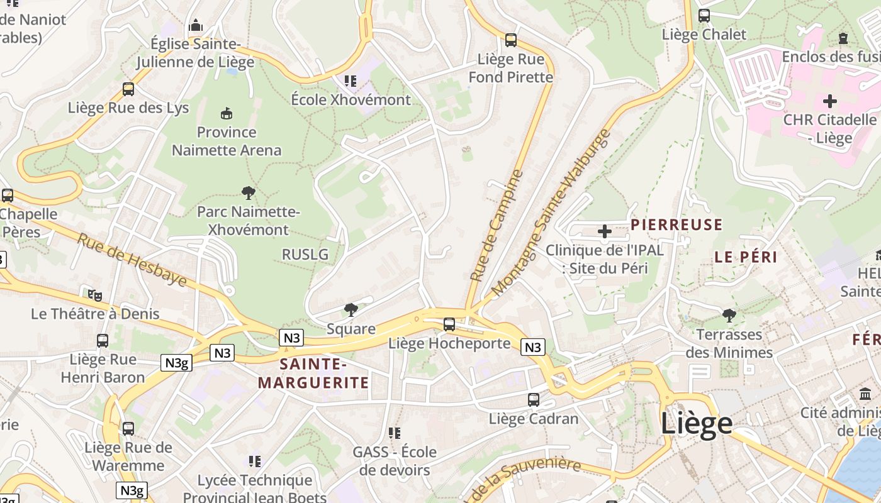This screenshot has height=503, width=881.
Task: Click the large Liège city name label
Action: tap(696, 424)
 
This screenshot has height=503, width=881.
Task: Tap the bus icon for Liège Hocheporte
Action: tap(449, 324)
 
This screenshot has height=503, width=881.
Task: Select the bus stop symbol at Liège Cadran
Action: tap(533, 400)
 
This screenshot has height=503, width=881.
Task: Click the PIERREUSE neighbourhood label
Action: tap(676, 224)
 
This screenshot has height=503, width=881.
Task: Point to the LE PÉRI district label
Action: tap(746, 257)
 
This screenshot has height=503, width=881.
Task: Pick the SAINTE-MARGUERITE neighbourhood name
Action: tap(313, 373)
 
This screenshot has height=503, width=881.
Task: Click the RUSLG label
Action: tap(305, 254)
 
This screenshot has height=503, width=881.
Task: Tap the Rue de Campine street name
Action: tap(497, 225)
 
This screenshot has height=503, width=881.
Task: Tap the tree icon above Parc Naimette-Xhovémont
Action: tap(249, 193)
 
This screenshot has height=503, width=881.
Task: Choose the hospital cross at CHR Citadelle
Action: tap(830, 101)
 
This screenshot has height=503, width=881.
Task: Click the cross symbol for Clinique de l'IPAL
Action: tap(604, 231)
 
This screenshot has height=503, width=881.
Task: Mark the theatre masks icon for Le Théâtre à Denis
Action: tap(95, 294)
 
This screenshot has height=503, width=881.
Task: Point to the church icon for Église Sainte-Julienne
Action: tap(196, 26)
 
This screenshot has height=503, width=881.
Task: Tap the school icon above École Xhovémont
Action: tap(351, 80)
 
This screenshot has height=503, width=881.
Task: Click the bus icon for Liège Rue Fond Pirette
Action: tap(511, 40)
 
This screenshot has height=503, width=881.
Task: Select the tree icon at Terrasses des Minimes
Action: tap(729, 315)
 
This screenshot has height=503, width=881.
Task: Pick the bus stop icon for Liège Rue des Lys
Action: tap(128, 89)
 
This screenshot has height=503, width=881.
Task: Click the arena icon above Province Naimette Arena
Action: tap(227, 113)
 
